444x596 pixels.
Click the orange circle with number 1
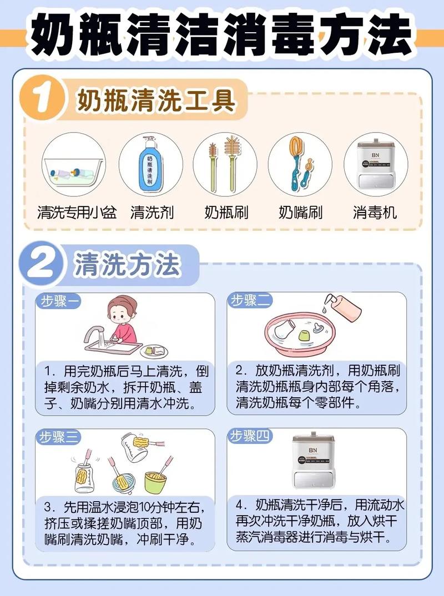pyautogui.click(x=42, y=98)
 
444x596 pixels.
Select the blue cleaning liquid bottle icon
pyautogui.click(x=150, y=164)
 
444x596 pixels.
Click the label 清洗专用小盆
pyautogui.click(x=77, y=212)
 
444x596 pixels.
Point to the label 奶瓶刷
pyautogui.click(x=226, y=212)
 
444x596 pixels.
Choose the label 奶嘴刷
pyautogui.click(x=300, y=212)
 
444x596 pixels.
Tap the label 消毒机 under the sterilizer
pyautogui.click(x=375, y=212)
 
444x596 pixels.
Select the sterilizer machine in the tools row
pyautogui.click(x=375, y=164)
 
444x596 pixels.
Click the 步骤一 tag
pyautogui.click(x=58, y=301)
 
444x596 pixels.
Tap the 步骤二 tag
pyautogui.click(x=250, y=300)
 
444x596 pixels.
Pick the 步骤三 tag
pyautogui.click(x=58, y=437)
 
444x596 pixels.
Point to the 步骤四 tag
pyautogui.click(x=250, y=436)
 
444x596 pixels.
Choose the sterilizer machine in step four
pyautogui.click(x=313, y=460)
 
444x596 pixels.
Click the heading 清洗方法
pyautogui.click(x=127, y=265)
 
